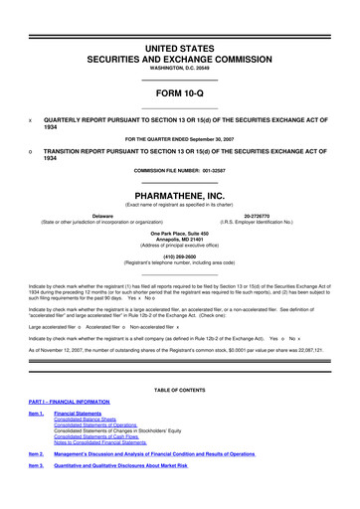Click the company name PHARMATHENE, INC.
[x=180, y=197]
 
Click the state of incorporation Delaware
[x=101, y=215]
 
